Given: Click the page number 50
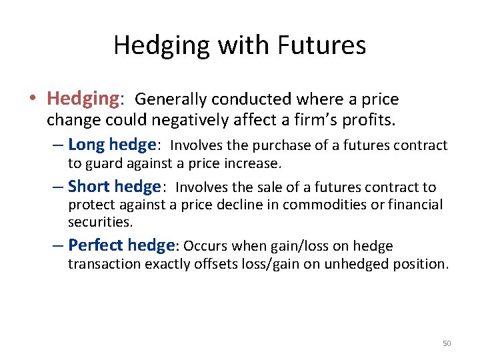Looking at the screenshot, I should (447, 343).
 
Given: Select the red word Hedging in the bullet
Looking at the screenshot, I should (82, 99).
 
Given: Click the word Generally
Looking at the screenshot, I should (171, 100).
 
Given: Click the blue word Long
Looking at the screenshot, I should (87, 145).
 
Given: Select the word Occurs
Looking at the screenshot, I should (205, 246).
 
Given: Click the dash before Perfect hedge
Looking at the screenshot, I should (59, 245).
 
